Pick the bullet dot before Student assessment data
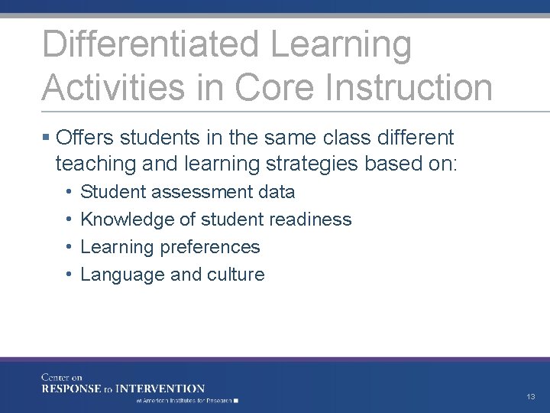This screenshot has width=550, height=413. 69,192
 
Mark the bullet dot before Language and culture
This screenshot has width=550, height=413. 69,275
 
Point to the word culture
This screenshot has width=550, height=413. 235,275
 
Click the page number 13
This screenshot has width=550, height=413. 530,397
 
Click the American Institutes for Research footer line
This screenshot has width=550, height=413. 186,400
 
